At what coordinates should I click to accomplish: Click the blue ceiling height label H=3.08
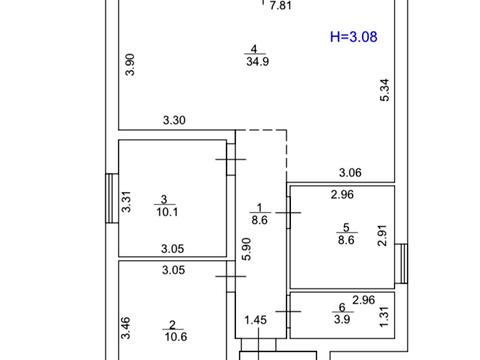(354, 37)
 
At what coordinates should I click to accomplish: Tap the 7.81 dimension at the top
(281, 6)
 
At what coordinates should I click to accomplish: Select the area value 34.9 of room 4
(258, 61)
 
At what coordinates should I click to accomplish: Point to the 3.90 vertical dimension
(130, 65)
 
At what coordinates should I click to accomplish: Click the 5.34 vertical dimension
(384, 90)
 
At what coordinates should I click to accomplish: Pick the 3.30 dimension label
(174, 120)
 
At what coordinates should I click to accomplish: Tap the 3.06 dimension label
(350, 173)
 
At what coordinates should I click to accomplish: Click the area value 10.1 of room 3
(167, 212)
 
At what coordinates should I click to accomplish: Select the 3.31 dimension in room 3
(126, 202)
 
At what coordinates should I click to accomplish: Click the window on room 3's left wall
(112, 198)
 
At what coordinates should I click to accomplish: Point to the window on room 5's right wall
(401, 264)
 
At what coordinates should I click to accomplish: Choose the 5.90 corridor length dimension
(246, 249)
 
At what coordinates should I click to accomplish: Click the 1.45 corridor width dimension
(256, 320)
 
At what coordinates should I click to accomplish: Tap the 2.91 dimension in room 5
(382, 235)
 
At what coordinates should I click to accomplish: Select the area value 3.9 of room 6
(342, 319)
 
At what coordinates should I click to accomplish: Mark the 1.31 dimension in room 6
(384, 317)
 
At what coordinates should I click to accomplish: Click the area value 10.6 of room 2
(176, 337)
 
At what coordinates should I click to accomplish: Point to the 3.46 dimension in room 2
(125, 328)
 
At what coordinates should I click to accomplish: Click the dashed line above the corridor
(261, 130)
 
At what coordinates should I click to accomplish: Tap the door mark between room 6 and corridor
(288, 311)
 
